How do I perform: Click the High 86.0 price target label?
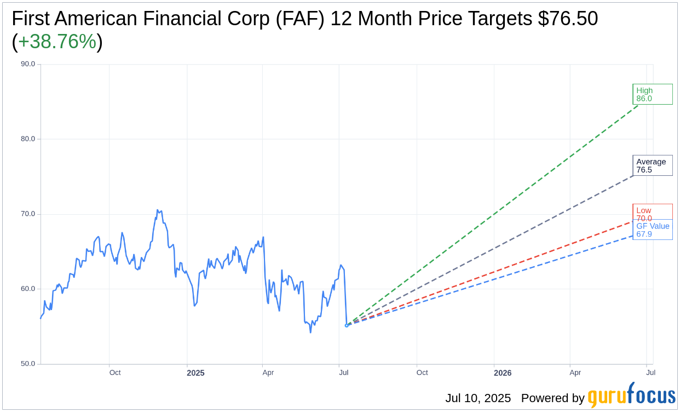point(652,94)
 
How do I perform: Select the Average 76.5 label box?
point(652,165)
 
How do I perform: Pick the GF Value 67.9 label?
point(653,230)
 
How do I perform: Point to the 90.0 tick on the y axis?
point(28,64)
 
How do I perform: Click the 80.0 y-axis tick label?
point(28,139)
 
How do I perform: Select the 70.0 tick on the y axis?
point(28,214)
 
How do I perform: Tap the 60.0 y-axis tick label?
point(28,289)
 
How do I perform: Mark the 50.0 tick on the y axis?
point(28,364)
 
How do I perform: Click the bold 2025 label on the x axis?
point(195,373)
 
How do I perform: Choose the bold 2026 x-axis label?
point(503,373)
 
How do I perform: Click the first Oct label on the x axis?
point(115,373)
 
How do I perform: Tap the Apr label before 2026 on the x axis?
point(268,373)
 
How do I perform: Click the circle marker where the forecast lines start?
point(347,325)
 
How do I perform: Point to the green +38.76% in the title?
point(57,42)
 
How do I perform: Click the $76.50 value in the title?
point(568,19)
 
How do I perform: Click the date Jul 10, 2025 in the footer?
point(478,398)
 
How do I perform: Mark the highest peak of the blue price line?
point(157,210)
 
